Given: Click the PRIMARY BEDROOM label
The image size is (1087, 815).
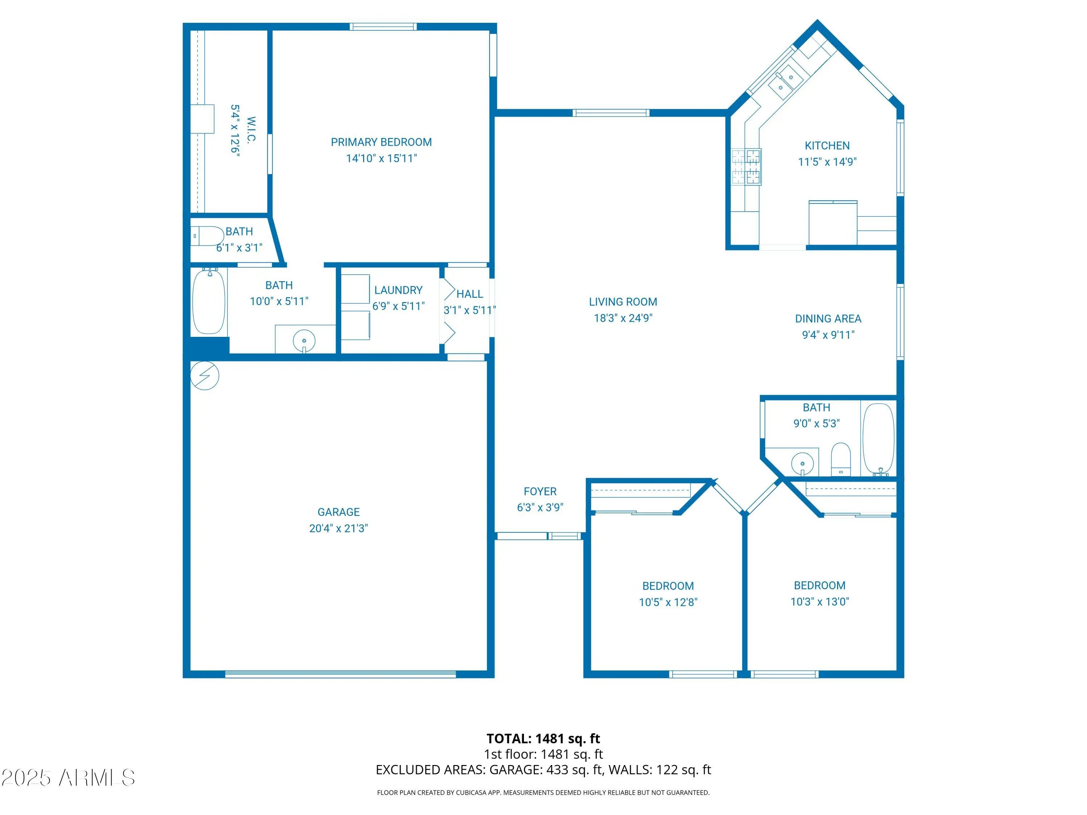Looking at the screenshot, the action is (381, 142).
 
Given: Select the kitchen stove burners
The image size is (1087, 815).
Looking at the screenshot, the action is (746, 167).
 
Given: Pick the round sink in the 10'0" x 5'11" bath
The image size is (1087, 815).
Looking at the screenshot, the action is (304, 340).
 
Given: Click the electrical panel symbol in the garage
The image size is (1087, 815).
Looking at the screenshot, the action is (204, 376).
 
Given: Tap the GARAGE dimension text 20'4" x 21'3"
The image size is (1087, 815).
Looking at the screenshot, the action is (338, 528).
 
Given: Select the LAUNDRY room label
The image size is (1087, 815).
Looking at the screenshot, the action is (399, 290).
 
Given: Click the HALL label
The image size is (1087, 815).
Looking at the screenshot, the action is (470, 294).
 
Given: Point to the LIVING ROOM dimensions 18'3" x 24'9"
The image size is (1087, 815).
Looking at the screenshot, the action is (623, 318).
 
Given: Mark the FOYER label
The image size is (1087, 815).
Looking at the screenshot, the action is (540, 491).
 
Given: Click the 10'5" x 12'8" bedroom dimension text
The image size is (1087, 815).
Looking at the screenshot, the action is (668, 602).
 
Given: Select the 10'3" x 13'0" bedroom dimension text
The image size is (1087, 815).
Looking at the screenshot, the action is (820, 601).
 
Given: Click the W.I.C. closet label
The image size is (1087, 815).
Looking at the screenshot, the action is (251, 129).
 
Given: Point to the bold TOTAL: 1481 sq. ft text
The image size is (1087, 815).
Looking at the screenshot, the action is (543, 738).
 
